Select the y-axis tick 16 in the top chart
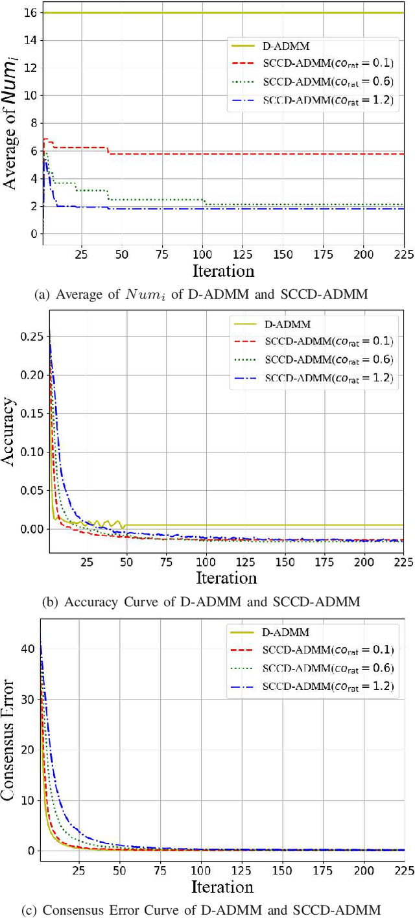pos(29,13)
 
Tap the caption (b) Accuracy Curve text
pos(200,602)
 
